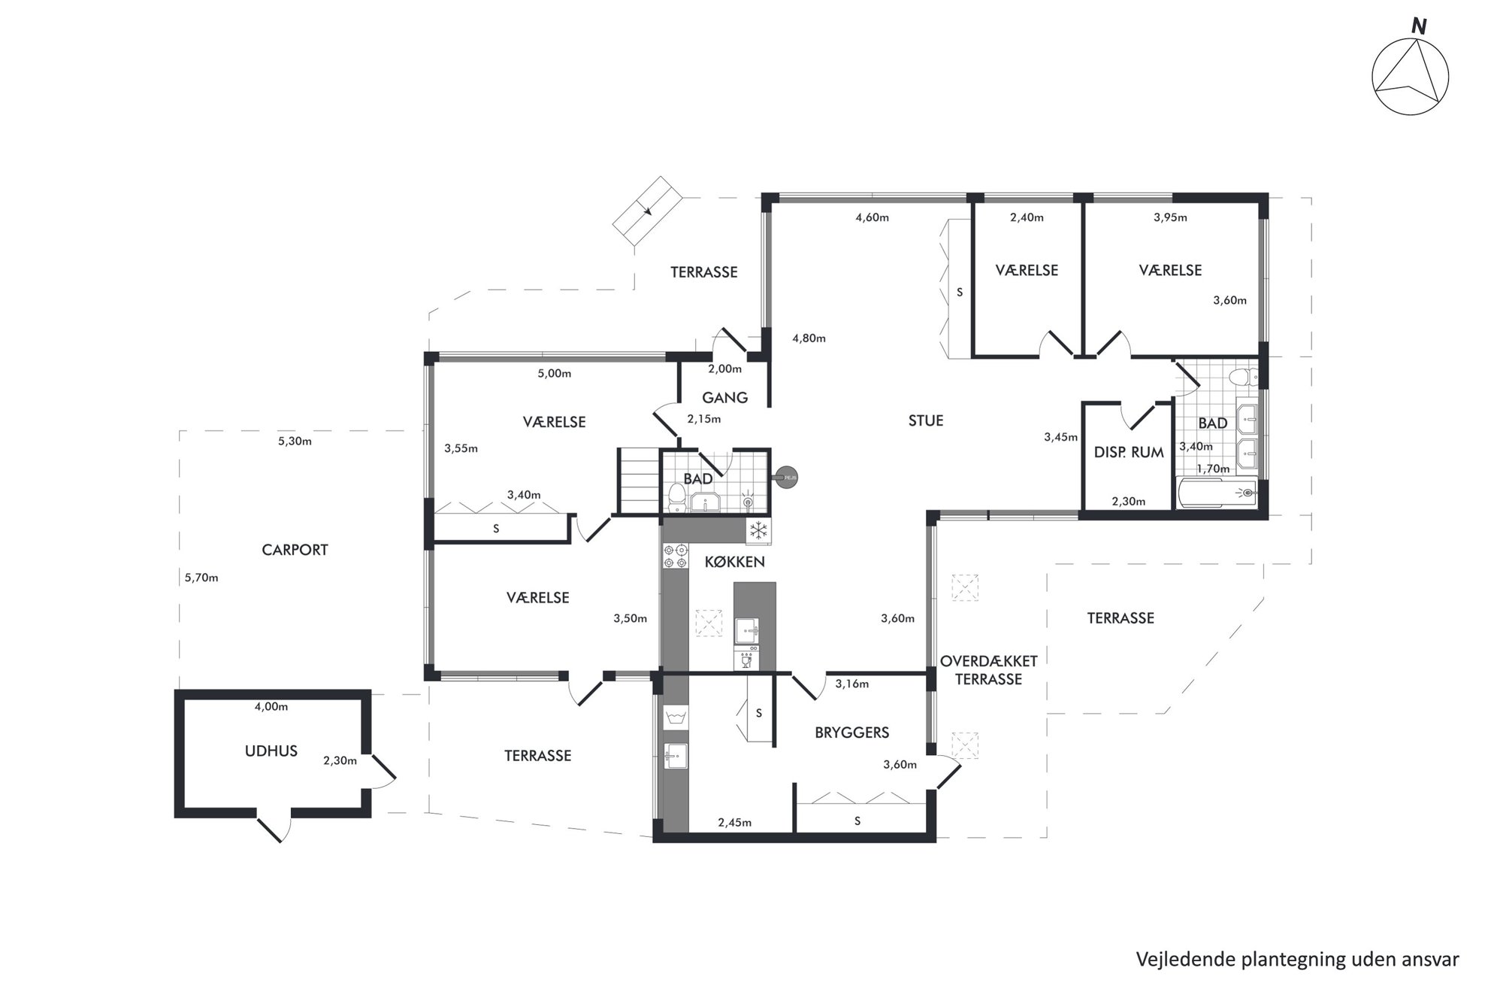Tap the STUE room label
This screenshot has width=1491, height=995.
[x=925, y=421]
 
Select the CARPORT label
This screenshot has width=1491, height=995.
[x=295, y=550]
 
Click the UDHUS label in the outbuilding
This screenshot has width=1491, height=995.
[x=271, y=751]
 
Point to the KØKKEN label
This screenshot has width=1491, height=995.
[x=734, y=562]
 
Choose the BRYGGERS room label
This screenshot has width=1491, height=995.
[x=851, y=733]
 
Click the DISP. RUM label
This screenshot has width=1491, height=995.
[x=1129, y=453]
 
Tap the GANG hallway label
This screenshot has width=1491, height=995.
[x=724, y=398]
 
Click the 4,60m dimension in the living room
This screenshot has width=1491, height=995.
[x=872, y=218]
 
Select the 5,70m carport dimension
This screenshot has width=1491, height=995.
[x=201, y=578]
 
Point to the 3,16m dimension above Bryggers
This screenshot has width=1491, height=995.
[x=851, y=684]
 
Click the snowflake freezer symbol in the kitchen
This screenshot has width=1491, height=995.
[x=759, y=531]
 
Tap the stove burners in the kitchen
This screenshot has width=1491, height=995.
[x=676, y=557]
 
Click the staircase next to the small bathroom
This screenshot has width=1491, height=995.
[x=639, y=479]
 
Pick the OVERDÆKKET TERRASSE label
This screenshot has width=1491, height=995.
[x=988, y=670]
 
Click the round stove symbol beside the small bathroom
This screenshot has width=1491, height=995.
[x=787, y=477]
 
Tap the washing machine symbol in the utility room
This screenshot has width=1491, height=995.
[x=676, y=716]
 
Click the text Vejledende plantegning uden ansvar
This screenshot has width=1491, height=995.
[x=1297, y=960]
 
